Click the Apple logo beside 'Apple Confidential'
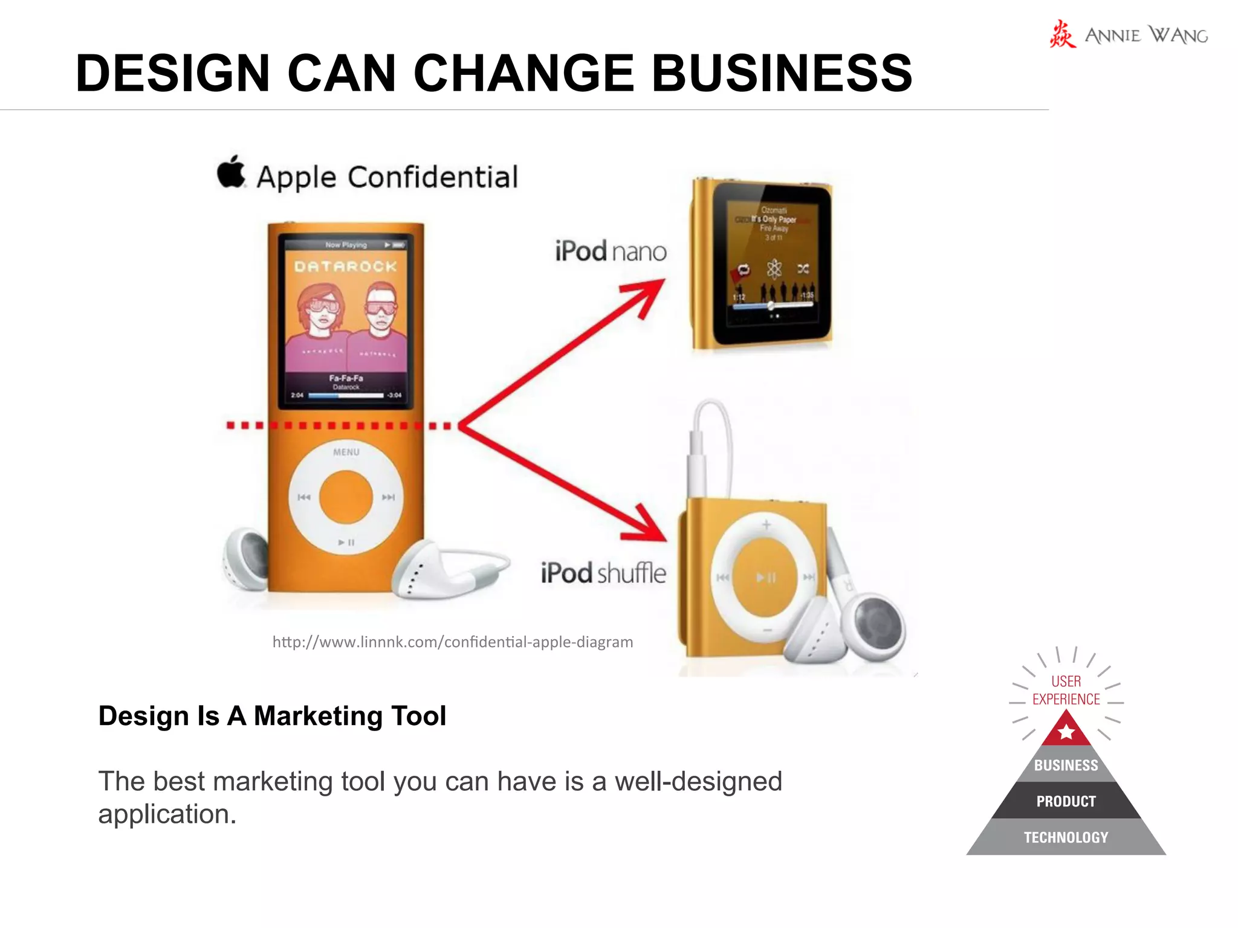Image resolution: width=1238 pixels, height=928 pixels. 232,172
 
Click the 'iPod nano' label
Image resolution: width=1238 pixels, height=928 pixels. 611,251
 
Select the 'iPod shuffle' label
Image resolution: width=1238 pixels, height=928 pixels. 603,573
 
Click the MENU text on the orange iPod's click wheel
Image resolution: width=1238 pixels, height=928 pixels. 346,452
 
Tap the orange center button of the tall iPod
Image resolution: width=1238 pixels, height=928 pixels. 346,497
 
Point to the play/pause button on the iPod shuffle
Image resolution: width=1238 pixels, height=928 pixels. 766,578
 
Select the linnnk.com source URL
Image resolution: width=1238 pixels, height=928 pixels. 453,642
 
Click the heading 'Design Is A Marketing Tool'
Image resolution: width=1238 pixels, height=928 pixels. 272,716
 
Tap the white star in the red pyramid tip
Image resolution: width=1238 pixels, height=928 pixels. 1066,732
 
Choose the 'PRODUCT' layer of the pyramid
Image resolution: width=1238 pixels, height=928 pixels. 1066,801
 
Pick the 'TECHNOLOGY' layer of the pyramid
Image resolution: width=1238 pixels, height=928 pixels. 1066,837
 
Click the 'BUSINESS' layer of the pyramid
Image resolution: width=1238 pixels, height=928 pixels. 1066,765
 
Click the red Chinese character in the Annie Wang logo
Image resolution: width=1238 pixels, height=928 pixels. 1062,34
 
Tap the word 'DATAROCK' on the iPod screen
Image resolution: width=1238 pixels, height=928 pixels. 346,266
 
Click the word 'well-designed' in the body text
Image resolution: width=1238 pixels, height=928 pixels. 698,781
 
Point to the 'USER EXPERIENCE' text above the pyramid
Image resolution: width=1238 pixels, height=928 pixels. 1066,690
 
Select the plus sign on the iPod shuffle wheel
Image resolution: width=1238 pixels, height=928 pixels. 766,524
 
